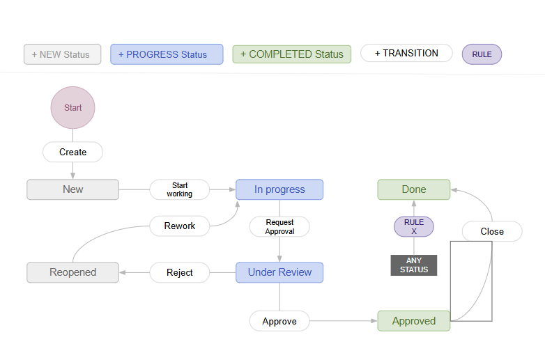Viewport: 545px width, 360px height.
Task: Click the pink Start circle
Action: (72, 108)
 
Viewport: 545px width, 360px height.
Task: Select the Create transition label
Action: (72, 152)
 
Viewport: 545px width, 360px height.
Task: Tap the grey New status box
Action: (72, 189)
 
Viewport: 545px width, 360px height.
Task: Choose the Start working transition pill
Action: (180, 189)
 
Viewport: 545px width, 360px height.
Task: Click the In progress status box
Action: (279, 189)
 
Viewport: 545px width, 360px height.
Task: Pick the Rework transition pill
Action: (180, 226)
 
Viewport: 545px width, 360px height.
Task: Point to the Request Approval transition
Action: (279, 226)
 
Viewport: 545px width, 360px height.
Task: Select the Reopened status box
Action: (72, 272)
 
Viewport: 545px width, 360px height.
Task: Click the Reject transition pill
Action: (180, 272)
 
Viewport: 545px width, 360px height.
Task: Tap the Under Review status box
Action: (279, 272)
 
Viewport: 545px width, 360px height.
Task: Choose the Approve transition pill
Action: (279, 321)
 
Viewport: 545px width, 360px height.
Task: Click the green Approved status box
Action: (414, 321)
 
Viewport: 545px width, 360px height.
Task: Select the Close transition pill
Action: (492, 231)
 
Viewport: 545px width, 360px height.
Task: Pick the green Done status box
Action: (414, 189)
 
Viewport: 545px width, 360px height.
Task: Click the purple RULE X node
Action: (414, 226)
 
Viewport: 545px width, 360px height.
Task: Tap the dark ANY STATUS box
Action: (414, 265)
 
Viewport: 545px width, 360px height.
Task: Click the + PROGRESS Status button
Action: (167, 54)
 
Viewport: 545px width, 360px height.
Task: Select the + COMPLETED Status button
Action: (291, 54)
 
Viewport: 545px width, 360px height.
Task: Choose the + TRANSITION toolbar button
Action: (406, 53)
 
